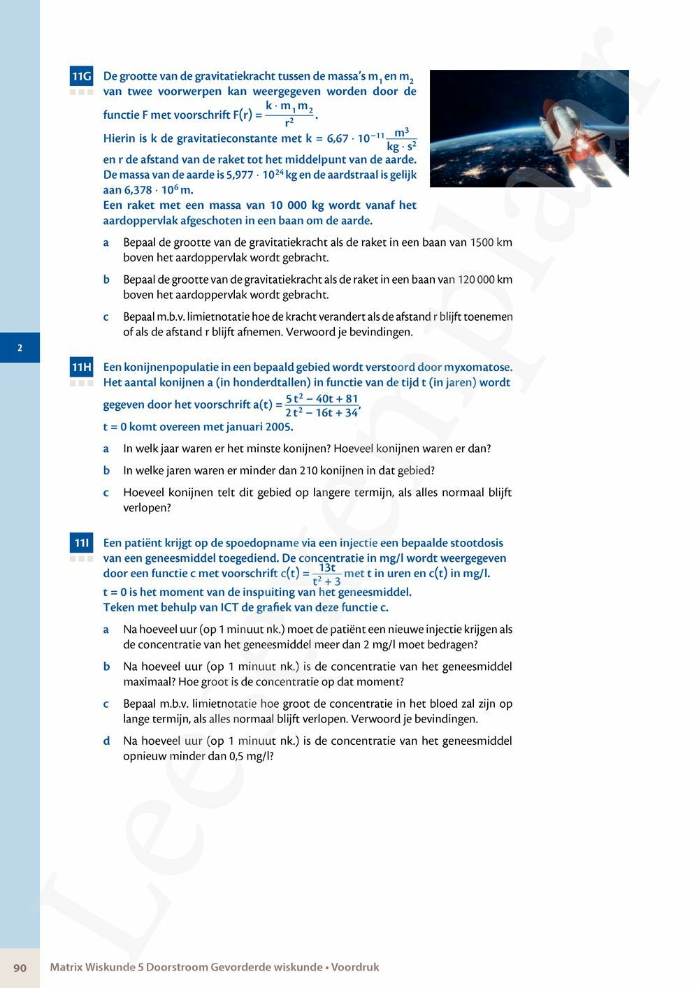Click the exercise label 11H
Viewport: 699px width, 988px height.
[x=81, y=368]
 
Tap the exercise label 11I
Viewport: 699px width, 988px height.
[x=81, y=543]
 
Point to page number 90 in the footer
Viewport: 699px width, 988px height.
[x=20, y=968]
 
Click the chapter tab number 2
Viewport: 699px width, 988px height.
[x=20, y=347]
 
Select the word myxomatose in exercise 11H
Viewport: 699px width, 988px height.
[x=480, y=368]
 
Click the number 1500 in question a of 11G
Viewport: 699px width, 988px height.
[x=482, y=242]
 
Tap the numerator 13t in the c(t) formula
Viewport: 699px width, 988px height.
[x=327, y=568]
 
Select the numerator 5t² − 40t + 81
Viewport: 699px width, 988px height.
[x=322, y=399]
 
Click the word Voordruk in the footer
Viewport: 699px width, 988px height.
[x=355, y=968]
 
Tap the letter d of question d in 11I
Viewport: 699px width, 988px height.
[x=106, y=741]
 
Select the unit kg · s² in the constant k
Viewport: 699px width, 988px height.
[x=402, y=146]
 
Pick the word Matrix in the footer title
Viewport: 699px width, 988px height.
[x=66, y=968]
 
